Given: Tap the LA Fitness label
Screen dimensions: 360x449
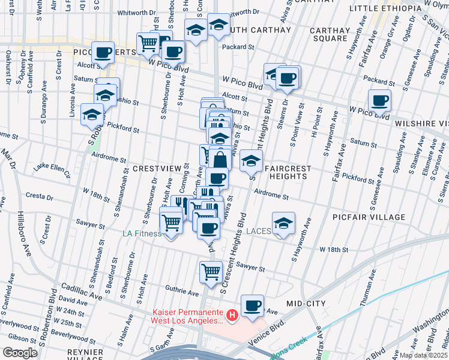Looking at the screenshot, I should coord(143,233).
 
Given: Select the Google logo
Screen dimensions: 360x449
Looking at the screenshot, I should coord(20,353).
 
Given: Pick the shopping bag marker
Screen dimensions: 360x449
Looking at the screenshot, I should coord(220,159).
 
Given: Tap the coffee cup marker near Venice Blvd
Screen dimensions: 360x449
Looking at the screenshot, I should coord(253,306).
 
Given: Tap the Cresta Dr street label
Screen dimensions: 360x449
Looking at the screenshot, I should coord(39,196).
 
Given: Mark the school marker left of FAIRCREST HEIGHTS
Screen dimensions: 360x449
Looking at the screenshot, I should coord(252,160).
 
